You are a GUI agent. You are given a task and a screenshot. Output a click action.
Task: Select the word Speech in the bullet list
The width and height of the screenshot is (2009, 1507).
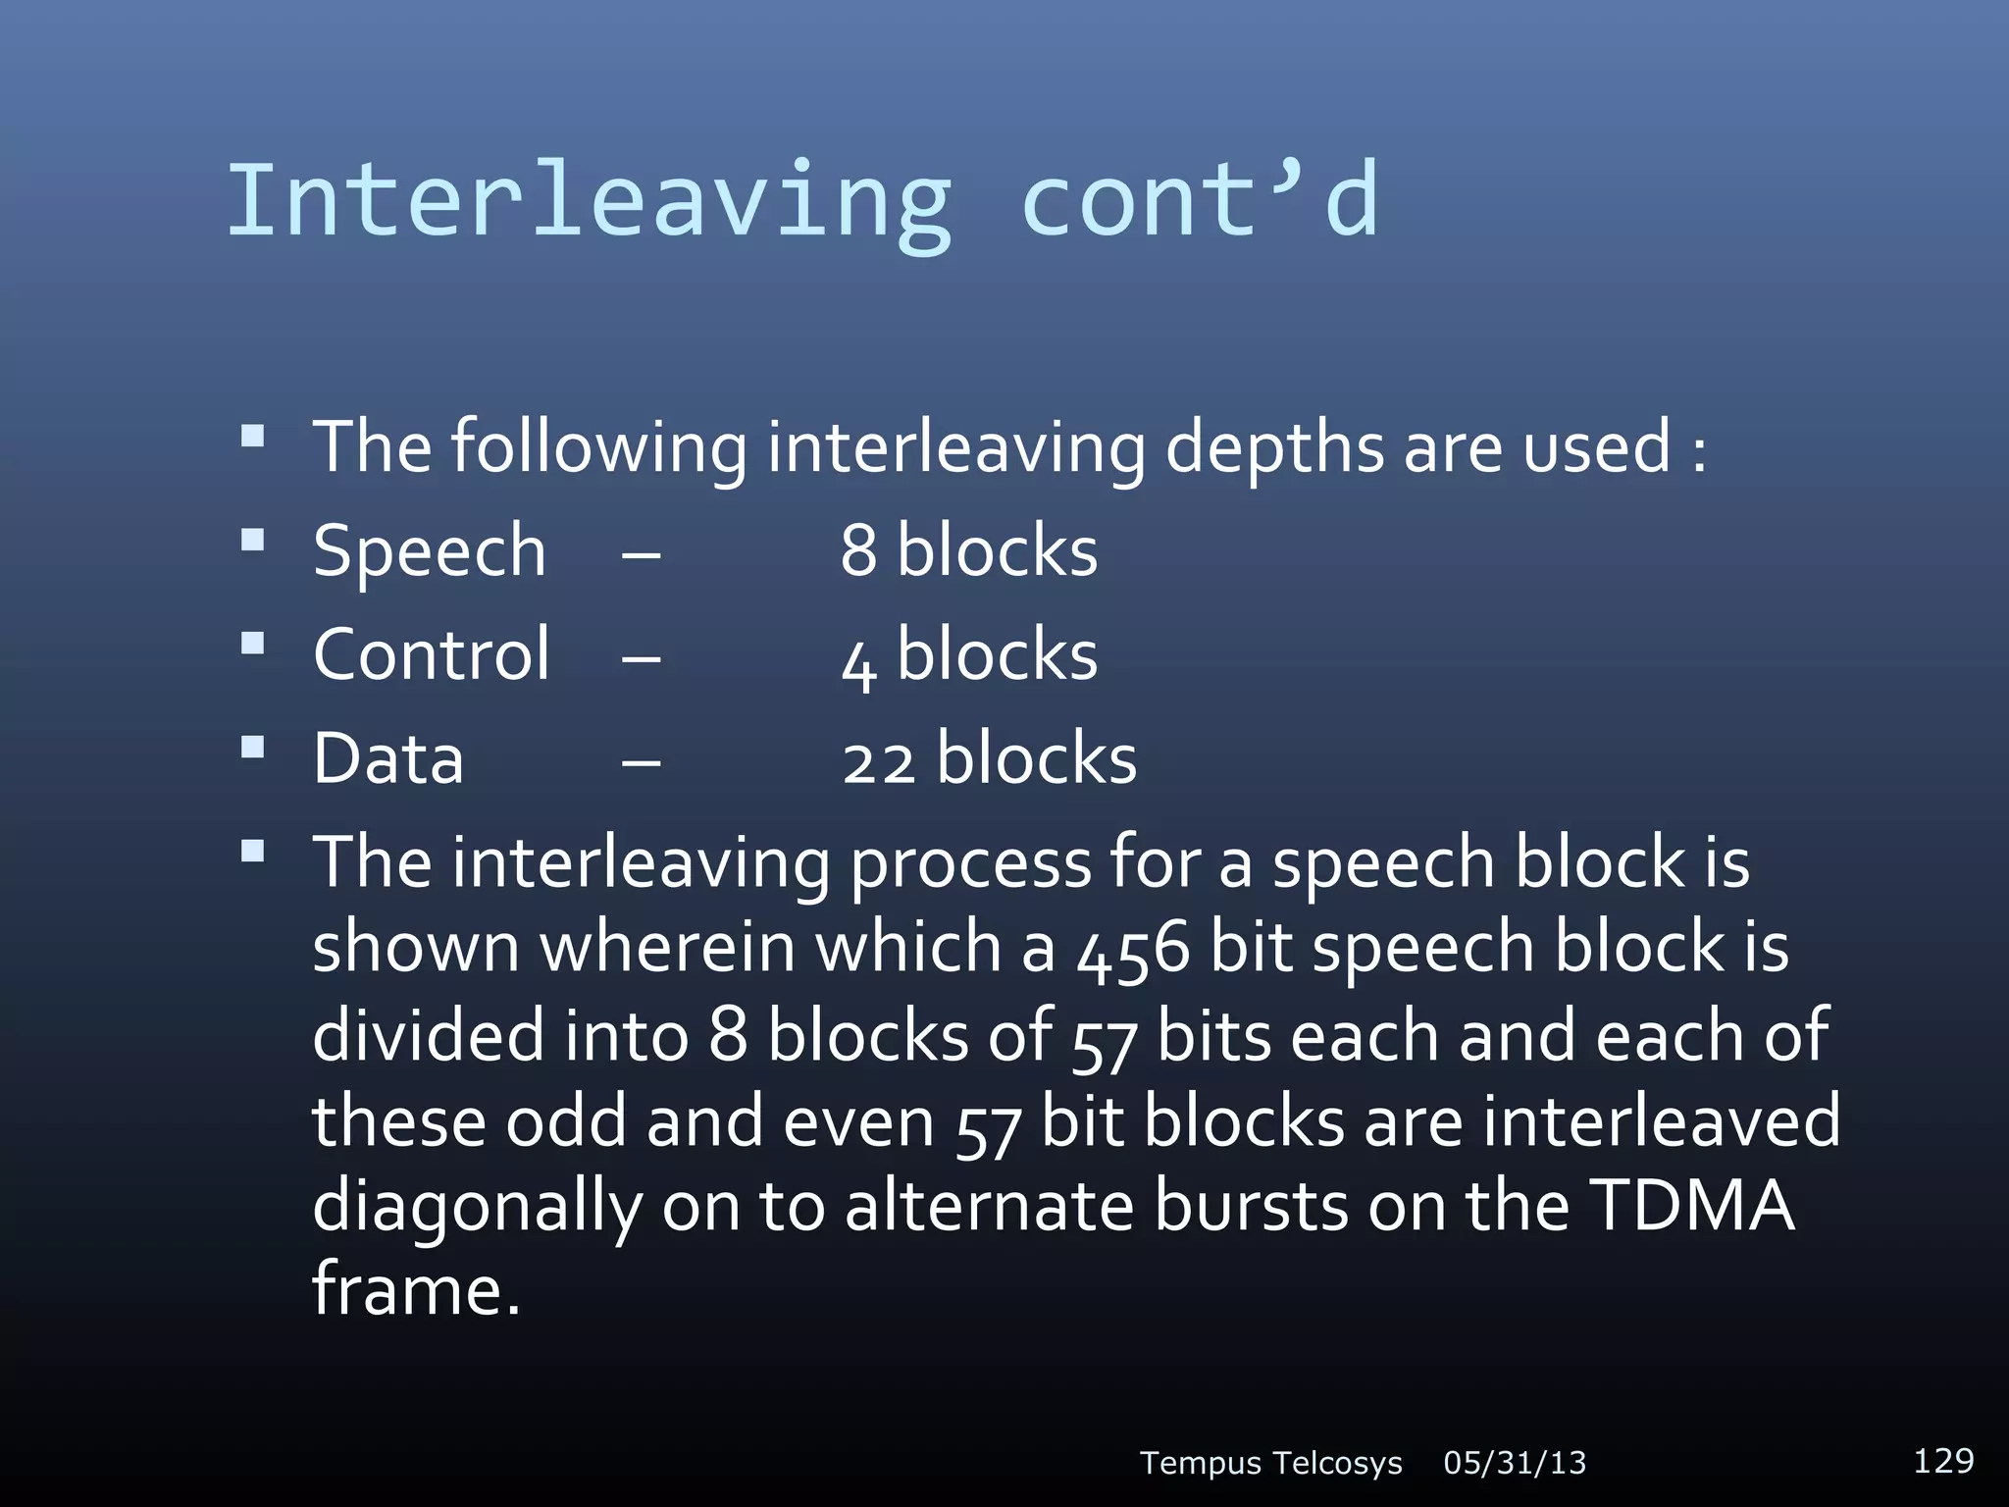429,550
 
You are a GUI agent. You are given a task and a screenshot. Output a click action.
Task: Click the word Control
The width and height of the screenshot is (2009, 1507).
432,654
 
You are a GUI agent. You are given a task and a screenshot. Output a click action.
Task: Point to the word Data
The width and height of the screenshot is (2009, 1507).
388,758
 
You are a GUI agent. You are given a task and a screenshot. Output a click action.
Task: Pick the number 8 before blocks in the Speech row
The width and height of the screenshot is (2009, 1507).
858,550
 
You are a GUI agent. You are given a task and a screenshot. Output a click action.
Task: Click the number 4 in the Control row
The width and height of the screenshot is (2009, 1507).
858,660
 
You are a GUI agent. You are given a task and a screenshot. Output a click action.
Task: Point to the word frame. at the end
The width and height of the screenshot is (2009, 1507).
416,1289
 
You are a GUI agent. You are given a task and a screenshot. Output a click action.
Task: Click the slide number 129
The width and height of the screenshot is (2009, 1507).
1943,1460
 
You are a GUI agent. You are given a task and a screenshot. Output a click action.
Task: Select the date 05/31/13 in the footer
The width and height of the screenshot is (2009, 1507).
1515,1463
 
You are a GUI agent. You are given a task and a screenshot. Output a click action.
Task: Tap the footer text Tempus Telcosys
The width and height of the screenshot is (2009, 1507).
1271,1463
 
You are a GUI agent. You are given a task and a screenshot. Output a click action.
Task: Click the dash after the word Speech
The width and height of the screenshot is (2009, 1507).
641,554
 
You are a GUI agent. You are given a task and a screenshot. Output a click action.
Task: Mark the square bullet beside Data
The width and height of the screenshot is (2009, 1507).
253,748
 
